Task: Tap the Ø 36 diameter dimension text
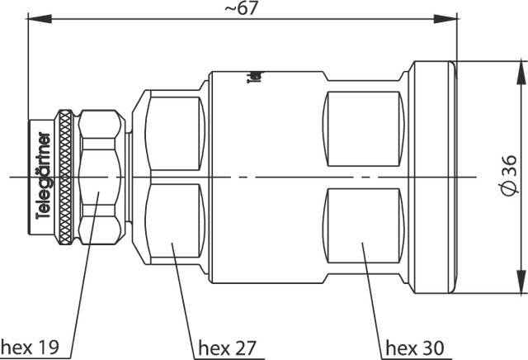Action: pos(508,177)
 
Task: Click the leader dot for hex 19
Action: pos(97,196)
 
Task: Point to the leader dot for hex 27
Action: pos(172,244)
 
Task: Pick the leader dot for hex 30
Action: pos(361,244)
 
